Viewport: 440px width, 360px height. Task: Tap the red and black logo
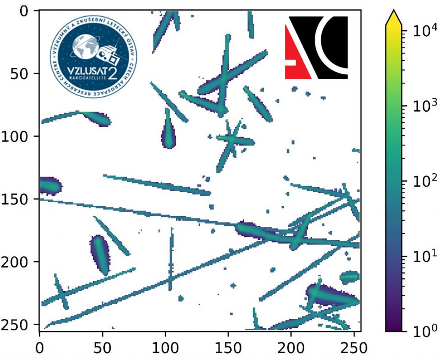tap(316, 47)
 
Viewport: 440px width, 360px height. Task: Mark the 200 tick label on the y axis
tap(15, 262)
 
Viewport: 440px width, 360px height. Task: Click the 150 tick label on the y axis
tap(15, 199)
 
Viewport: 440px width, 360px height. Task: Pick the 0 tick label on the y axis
tap(26, 11)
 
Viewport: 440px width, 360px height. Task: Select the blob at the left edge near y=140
tap(50, 186)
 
